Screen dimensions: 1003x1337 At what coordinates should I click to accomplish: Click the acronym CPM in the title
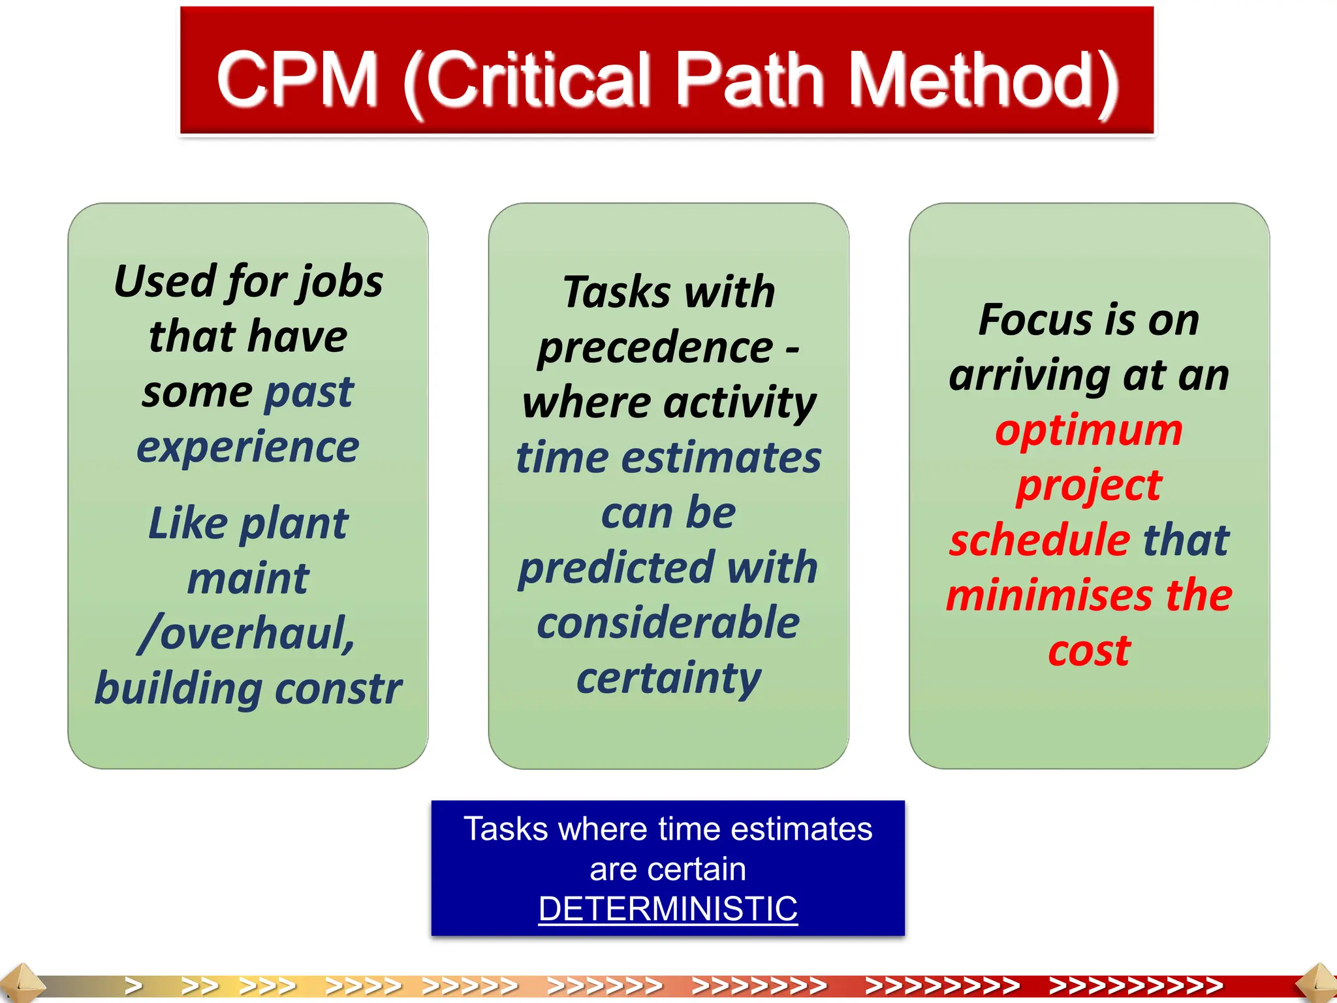tap(297, 80)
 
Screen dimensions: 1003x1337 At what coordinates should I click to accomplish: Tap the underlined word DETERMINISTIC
tap(668, 908)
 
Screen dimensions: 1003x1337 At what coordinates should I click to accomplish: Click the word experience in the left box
tap(248, 447)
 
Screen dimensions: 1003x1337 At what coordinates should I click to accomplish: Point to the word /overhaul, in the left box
tap(247, 633)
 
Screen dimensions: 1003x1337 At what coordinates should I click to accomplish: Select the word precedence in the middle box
tap(655, 347)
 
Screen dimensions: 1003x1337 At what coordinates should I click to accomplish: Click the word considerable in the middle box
tap(668, 622)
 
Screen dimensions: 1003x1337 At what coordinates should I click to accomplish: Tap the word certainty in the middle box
tap(668, 678)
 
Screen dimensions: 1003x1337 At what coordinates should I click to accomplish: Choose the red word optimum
tap(1089, 430)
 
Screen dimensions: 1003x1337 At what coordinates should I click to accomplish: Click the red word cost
tap(1089, 650)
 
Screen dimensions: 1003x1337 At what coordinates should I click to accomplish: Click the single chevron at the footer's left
tap(133, 985)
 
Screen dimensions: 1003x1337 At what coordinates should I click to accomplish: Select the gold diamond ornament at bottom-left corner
tap(20, 983)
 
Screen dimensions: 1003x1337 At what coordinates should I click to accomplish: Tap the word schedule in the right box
tap(1040, 540)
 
